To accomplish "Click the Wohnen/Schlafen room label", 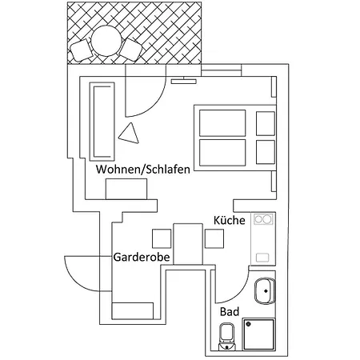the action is click(143, 170).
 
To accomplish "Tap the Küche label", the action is click(230, 220).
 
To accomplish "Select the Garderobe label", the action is click(142, 257).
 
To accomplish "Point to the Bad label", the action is click(230, 311).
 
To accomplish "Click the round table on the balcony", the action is click(106, 41).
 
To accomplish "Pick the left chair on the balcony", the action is click(81, 50).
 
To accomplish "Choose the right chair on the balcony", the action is click(130, 50).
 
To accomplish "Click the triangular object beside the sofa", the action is click(130, 134).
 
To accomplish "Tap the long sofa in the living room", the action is click(102, 122).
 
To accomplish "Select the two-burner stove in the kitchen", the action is click(263, 219).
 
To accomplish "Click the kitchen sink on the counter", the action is click(262, 258).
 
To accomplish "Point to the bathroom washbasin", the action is click(265, 291).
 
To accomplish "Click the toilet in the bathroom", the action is click(226, 337).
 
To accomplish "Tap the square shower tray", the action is click(259, 334).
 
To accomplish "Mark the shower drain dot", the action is click(249, 324).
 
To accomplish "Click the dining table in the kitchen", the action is click(188, 244).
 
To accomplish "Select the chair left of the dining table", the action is click(162, 238).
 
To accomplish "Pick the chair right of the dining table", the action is click(214, 238).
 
